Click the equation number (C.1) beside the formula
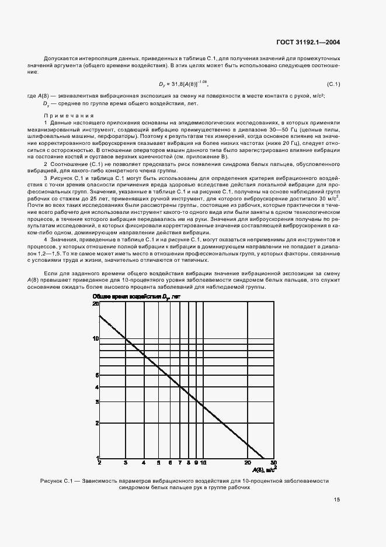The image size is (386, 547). [x=333, y=85]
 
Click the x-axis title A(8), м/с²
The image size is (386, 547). [x=265, y=468]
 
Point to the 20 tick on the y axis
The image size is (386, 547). [x=95, y=304]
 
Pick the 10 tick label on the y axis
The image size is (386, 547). [x=95, y=338]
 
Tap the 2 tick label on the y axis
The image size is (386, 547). [x=97, y=423]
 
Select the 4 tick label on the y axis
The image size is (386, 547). [x=97, y=387]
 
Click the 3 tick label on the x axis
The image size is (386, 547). [x=126, y=462]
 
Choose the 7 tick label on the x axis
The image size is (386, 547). [x=180, y=462]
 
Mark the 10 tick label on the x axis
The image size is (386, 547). [x=203, y=462]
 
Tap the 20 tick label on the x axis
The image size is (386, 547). [x=248, y=462]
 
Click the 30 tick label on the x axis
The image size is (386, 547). [x=273, y=462]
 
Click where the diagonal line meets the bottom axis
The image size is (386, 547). [x=264, y=458]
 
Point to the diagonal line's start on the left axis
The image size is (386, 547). [x=100, y=316]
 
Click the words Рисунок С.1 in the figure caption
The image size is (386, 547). [x=57, y=481]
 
